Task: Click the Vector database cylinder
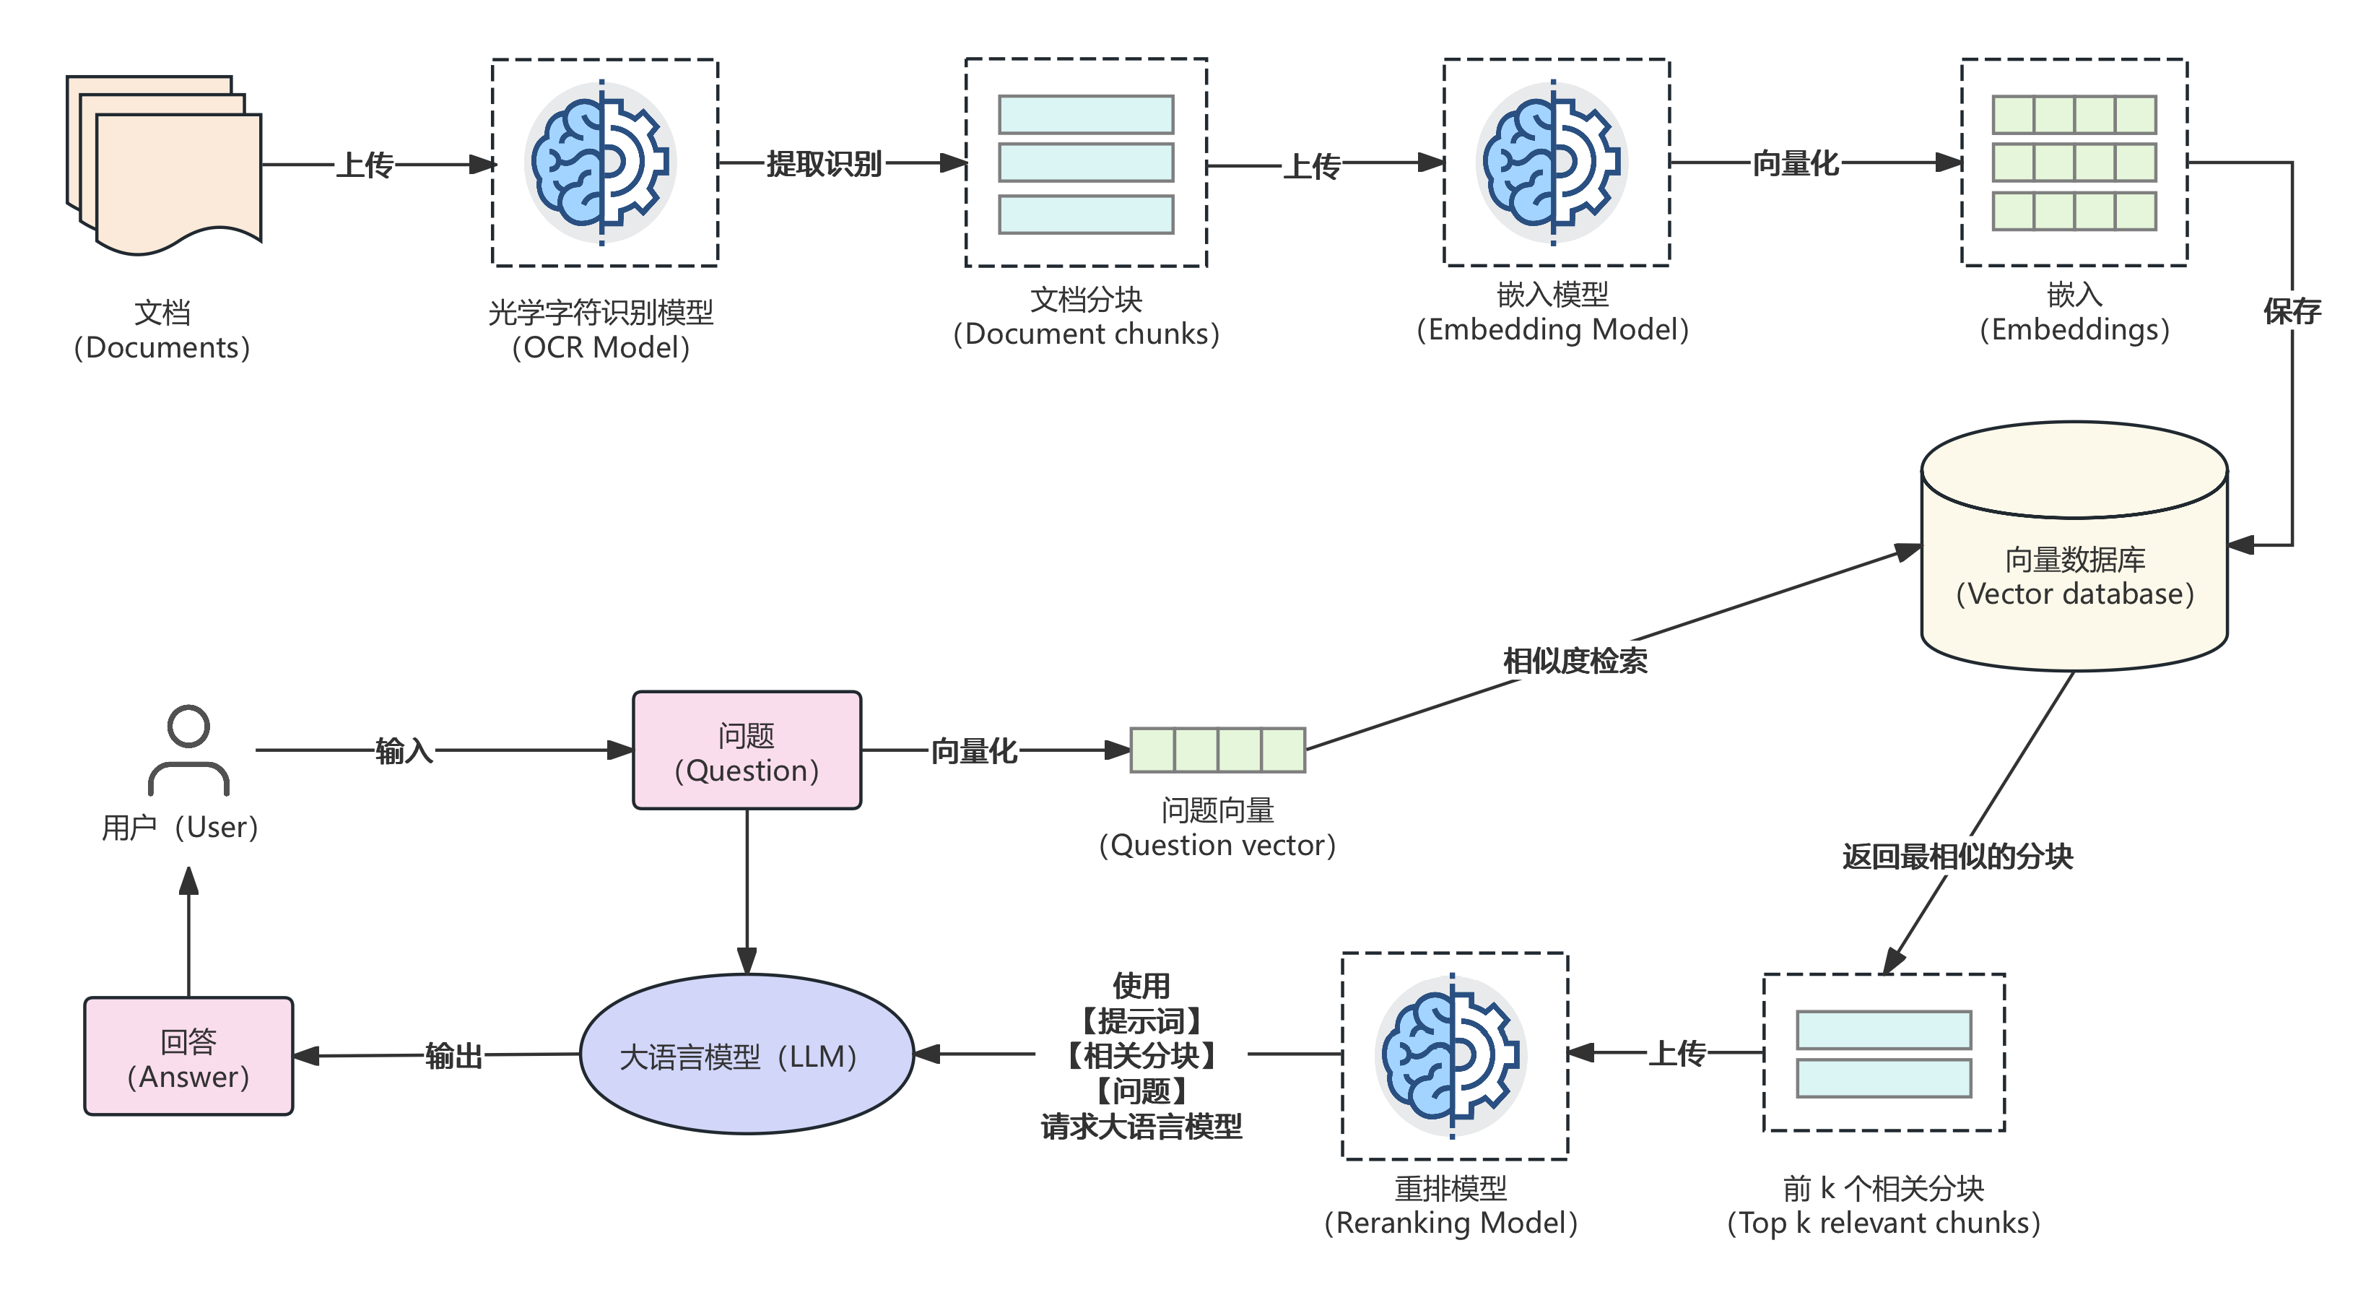2074,555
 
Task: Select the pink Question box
747,750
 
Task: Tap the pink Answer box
188,1056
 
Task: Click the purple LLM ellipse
747,1054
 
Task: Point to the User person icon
188,750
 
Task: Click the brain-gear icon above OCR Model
601,162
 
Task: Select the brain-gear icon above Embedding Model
1552,162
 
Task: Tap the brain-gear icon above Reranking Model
1451,1055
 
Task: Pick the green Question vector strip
1217,750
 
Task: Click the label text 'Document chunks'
1086,334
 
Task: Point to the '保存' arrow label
2291,311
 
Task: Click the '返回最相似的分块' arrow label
1957,857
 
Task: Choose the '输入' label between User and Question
404,750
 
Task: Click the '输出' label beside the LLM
453,1055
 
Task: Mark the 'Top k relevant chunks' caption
1883,1223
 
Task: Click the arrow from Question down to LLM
747,887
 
